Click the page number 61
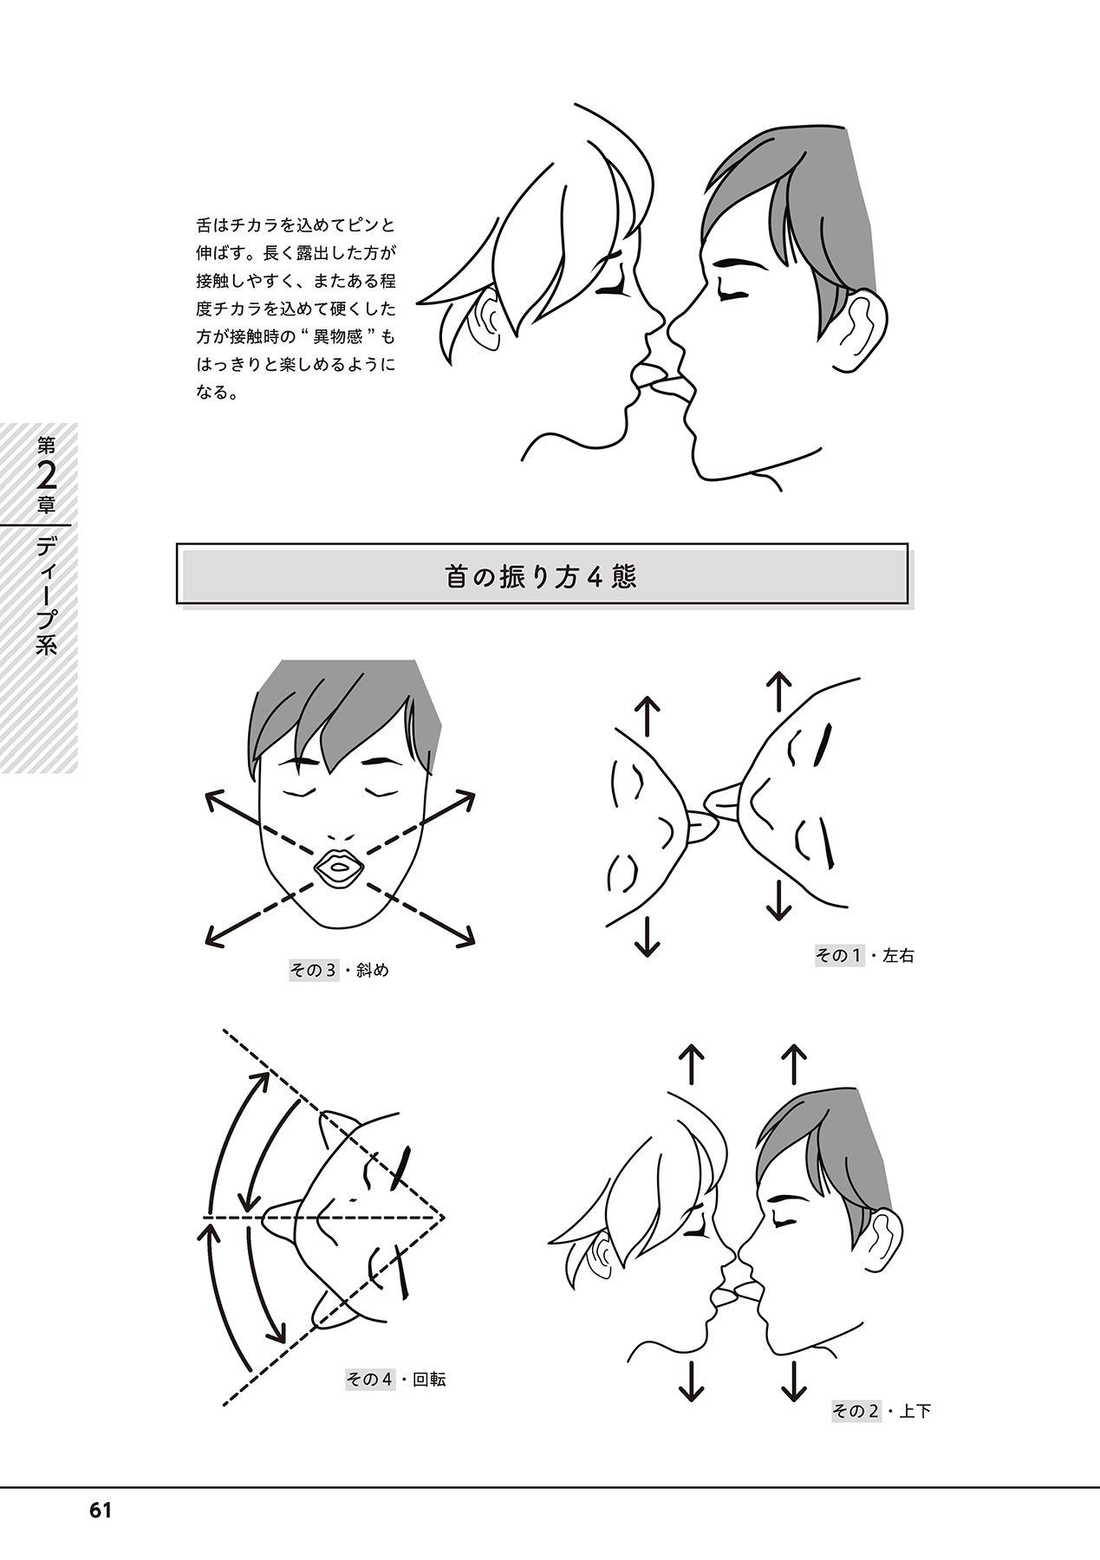coord(100,1510)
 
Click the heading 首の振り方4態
coord(542,576)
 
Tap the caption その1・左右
coord(864,957)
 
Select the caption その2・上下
coord(882,1411)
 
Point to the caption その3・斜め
coord(339,970)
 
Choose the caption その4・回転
coord(396,1378)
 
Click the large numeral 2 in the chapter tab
coord(48,477)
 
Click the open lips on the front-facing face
coord(339,868)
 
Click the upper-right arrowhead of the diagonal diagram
coord(467,798)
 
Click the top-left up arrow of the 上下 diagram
coord(691,1064)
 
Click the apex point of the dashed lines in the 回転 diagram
coord(444,1218)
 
